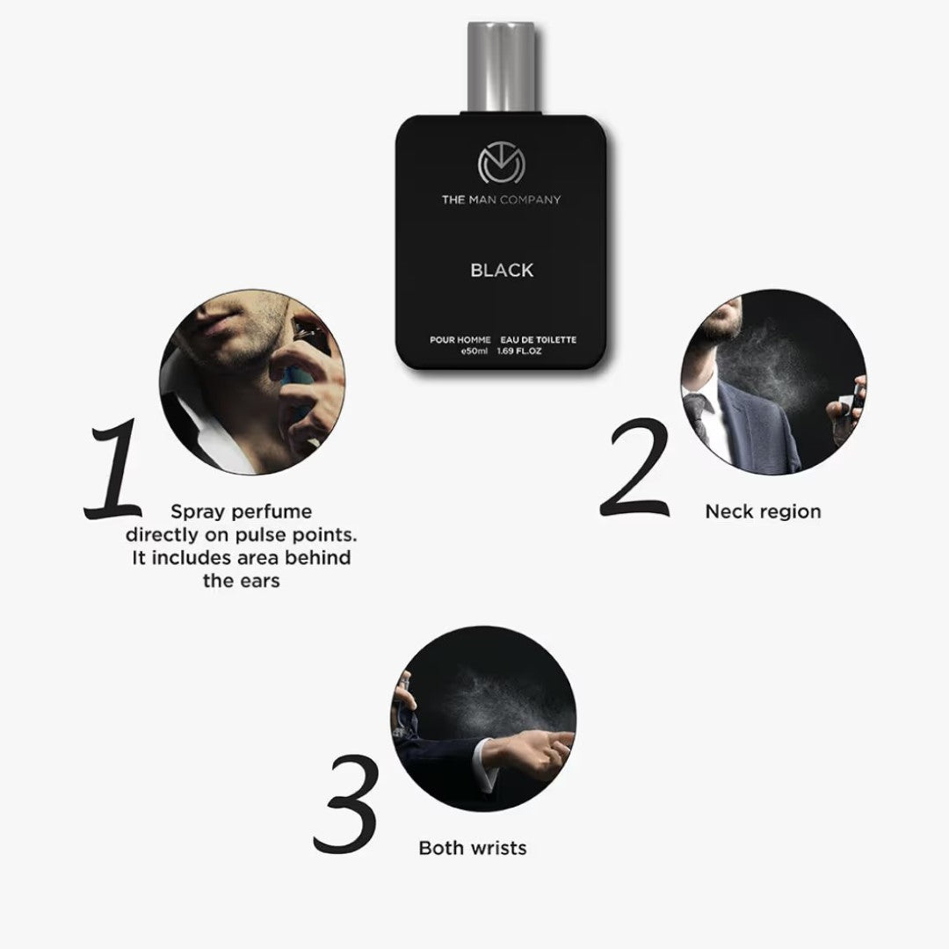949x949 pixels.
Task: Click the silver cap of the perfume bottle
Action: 501,67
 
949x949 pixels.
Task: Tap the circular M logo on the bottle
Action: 501,163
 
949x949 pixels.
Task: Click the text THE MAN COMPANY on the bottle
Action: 501,199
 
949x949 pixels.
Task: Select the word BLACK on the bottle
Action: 502,270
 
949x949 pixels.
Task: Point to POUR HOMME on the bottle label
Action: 460,340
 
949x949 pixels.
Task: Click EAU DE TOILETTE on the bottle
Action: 538,340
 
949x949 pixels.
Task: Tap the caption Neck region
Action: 763,511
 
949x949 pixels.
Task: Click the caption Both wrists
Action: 473,848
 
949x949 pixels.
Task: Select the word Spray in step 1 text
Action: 192,511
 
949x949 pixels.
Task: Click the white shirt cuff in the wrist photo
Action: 482,764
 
